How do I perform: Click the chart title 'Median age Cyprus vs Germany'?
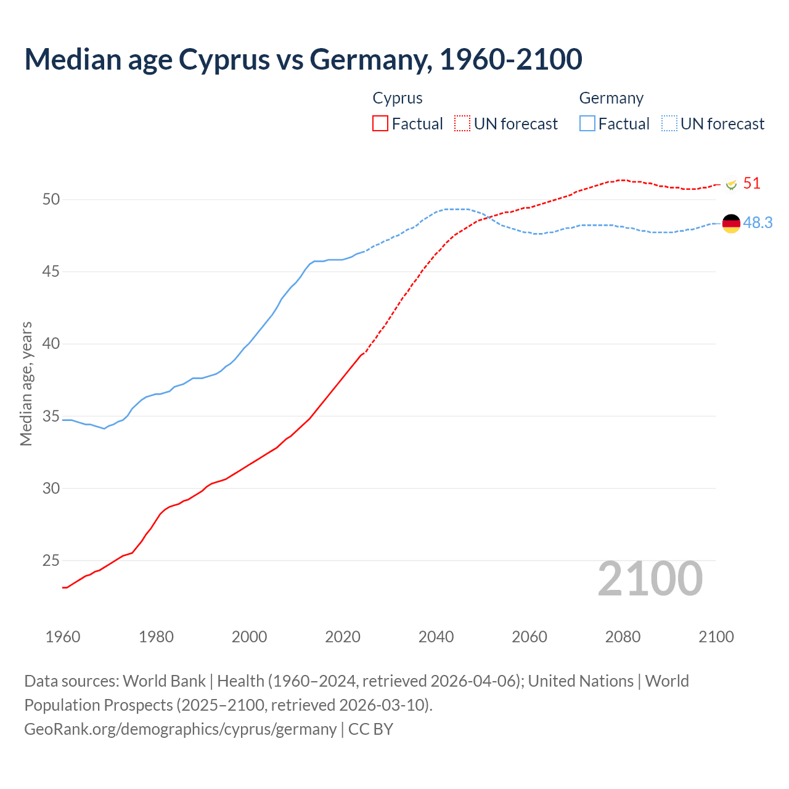pyautogui.click(x=303, y=59)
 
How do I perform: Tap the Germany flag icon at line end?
pyautogui.click(x=731, y=223)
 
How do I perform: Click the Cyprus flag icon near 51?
pyautogui.click(x=732, y=184)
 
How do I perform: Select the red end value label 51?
pyautogui.click(x=752, y=184)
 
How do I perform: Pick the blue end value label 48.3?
pyautogui.click(x=758, y=223)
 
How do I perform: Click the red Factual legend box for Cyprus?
pyautogui.click(x=380, y=124)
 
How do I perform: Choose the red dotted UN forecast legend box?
pyautogui.click(x=462, y=124)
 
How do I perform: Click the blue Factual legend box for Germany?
pyautogui.click(x=587, y=124)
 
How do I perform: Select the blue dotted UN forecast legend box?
pyautogui.click(x=669, y=124)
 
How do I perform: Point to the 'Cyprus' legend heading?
pyautogui.click(x=398, y=98)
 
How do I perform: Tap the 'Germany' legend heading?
pyautogui.click(x=611, y=98)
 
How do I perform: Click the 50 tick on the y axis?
pyautogui.click(x=51, y=199)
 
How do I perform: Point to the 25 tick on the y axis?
pyautogui.click(x=51, y=561)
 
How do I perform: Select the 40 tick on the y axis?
pyautogui.click(x=51, y=344)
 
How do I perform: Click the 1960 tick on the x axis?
pyautogui.click(x=63, y=637)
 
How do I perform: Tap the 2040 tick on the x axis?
pyautogui.click(x=436, y=637)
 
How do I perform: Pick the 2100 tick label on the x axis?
pyautogui.click(x=716, y=637)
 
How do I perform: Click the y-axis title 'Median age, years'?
pyautogui.click(x=26, y=383)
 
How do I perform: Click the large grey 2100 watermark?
pyautogui.click(x=650, y=579)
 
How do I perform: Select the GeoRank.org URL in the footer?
pyautogui.click(x=180, y=729)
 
